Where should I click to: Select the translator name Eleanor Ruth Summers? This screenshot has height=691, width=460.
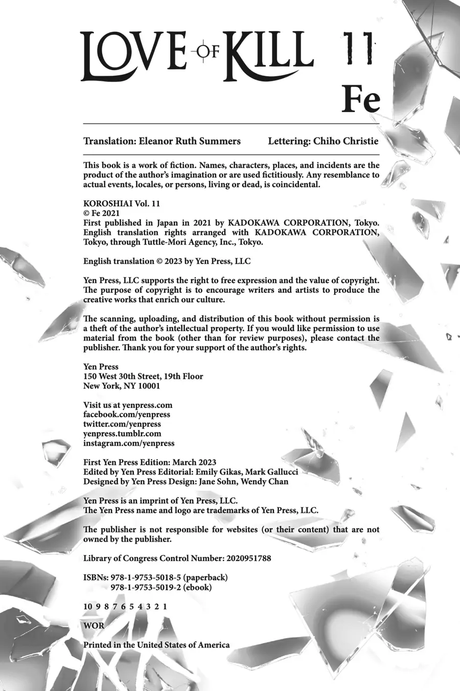190,141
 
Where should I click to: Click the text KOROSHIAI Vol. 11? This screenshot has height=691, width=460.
122,203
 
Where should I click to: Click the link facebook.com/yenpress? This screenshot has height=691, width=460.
127,415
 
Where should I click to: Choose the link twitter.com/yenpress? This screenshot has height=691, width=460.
122,424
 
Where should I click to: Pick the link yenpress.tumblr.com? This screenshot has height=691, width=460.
122,434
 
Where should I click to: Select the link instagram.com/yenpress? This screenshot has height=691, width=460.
129,443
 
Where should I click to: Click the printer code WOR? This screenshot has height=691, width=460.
94,625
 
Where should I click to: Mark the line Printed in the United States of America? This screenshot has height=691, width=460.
156,645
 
